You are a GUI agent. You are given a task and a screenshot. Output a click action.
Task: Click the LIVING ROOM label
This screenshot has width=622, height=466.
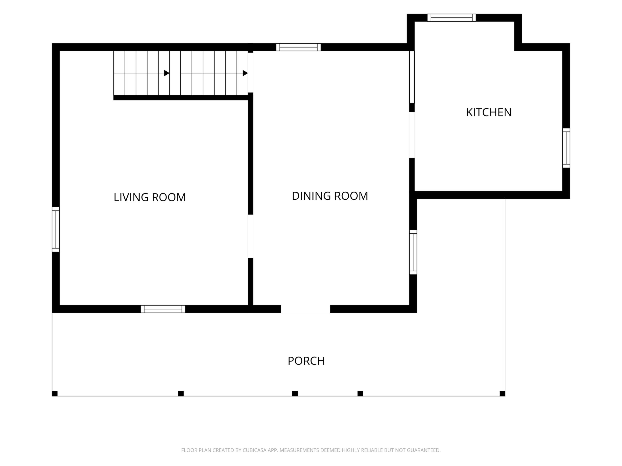click(150, 197)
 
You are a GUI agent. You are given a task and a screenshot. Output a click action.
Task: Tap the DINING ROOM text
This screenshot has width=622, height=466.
click(330, 196)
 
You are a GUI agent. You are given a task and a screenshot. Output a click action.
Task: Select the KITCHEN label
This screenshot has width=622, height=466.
click(489, 112)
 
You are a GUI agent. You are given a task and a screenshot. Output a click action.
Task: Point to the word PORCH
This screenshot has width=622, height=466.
click(306, 361)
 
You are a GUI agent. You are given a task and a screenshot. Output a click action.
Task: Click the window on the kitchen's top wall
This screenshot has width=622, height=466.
click(452, 18)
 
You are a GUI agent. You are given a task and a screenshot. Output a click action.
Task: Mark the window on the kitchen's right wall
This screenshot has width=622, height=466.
click(566, 148)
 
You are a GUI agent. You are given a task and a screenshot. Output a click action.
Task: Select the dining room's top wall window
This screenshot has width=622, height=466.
click(298, 47)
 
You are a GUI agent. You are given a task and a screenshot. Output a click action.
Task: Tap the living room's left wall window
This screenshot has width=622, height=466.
click(56, 230)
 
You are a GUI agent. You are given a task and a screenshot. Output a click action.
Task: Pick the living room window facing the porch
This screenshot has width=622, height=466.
click(163, 309)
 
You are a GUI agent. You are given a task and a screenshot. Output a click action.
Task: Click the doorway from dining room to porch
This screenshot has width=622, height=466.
click(306, 309)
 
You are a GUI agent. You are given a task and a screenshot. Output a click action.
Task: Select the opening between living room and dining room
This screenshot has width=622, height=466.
click(250, 236)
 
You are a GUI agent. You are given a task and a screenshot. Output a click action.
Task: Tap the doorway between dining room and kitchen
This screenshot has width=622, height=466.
click(412, 135)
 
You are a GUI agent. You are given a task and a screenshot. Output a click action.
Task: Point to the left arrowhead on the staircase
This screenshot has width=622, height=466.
click(167, 73)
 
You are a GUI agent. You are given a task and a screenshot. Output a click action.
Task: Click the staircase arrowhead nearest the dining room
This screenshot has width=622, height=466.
click(245, 73)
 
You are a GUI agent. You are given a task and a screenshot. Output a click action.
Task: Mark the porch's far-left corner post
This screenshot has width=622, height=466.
click(55, 394)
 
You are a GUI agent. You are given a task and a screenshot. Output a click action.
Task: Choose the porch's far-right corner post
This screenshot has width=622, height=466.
click(502, 394)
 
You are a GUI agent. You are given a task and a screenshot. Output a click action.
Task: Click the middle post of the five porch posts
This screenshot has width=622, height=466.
click(295, 394)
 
